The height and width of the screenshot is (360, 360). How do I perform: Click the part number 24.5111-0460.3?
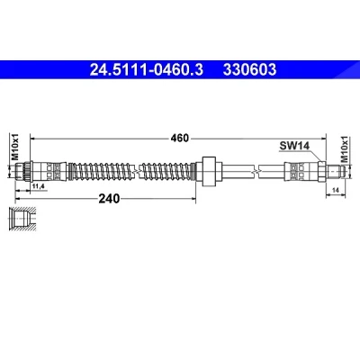point(147,70)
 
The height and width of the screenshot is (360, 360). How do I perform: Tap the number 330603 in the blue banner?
point(249,70)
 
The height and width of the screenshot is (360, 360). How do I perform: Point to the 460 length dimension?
point(180,139)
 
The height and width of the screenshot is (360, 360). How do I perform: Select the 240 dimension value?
point(109,198)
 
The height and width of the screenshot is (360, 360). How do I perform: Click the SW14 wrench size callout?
point(294,146)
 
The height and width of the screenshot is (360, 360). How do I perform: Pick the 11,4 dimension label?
point(38,186)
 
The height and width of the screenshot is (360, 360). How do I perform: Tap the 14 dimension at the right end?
point(336,190)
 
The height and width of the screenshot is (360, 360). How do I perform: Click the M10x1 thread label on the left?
point(15,147)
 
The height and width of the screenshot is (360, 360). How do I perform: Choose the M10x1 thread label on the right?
point(346,149)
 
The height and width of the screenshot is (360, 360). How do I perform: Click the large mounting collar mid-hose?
point(209,171)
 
